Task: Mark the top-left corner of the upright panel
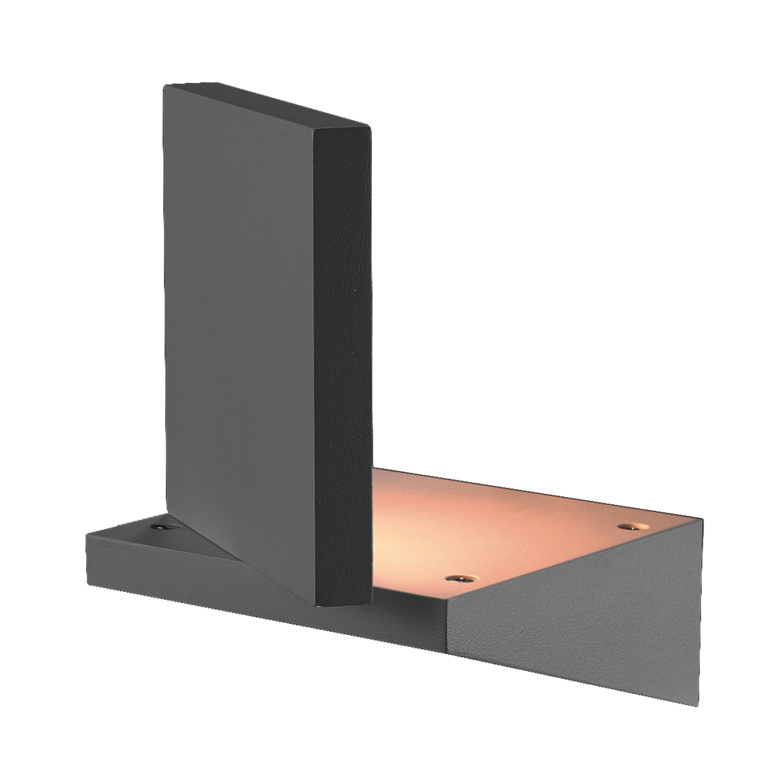[165, 86]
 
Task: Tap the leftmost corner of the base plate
[86, 535]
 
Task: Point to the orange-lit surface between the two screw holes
[541, 549]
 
